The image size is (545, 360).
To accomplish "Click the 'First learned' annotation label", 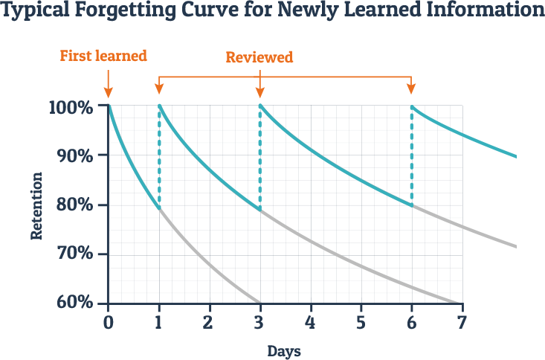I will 103,56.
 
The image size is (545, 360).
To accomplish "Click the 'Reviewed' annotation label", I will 259,57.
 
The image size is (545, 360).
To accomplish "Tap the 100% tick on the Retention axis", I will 71,107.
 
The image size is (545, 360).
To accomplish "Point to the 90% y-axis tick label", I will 73,156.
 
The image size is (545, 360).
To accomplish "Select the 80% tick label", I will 73,205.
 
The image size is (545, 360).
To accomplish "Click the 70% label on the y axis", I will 73,254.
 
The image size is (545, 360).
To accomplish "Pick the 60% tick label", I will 73,303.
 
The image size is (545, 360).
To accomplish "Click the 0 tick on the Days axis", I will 109,324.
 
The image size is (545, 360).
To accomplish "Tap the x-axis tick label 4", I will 310,324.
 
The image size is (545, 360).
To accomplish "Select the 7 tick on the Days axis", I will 462,324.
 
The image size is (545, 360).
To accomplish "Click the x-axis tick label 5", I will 361,324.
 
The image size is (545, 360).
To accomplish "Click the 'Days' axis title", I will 284,350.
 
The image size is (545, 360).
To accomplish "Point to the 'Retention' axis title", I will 36,206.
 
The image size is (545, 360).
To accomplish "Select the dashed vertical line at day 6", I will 411,156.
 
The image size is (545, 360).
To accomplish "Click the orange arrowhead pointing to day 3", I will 259,92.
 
